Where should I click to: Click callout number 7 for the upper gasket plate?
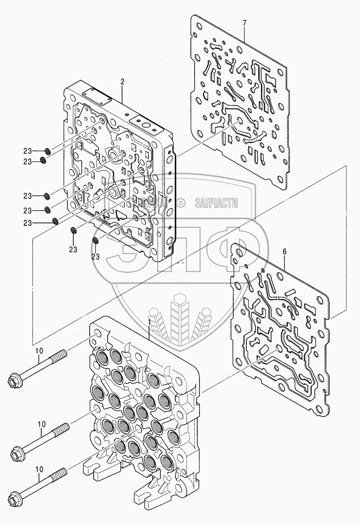244,23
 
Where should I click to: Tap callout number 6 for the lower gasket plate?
284,252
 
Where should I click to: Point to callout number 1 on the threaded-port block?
149,322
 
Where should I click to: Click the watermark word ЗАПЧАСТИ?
216,203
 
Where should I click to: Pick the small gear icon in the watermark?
181,203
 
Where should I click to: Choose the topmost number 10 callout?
39,350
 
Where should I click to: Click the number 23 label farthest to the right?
96,256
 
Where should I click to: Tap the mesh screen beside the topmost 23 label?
48,151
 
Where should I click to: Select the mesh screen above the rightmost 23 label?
96,241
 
